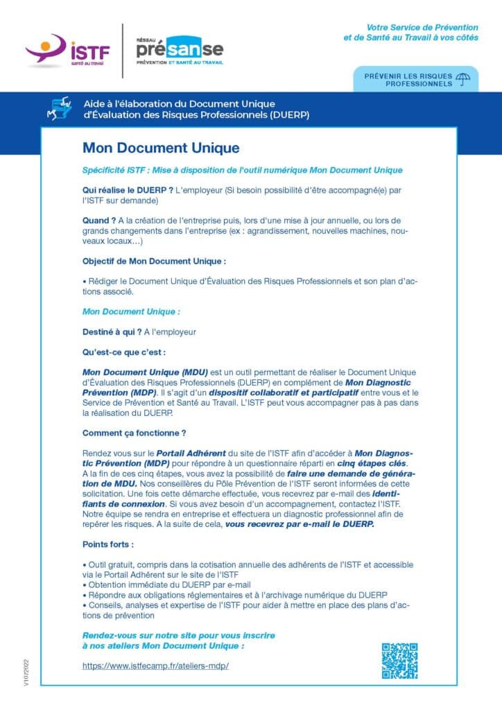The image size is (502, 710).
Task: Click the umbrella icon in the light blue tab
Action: click(x=464, y=79)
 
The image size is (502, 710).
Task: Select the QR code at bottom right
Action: click(x=399, y=661)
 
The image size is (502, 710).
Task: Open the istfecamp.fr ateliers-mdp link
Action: click(x=155, y=666)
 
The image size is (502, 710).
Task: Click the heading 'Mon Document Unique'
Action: click(x=161, y=148)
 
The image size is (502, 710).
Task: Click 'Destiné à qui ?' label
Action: click(x=112, y=331)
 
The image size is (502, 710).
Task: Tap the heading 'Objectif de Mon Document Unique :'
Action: click(x=154, y=261)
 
